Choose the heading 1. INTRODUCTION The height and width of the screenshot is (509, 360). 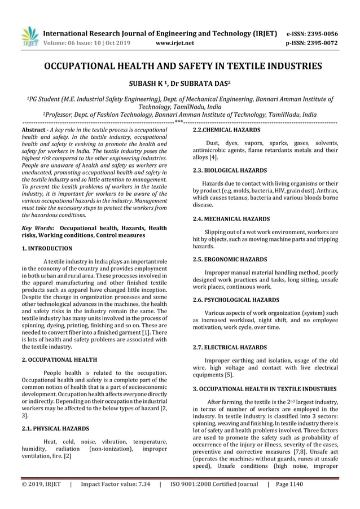coord(47,248)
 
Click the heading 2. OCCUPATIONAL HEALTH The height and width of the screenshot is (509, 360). coord(59,359)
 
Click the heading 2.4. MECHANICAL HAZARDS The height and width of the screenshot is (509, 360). coord(223,218)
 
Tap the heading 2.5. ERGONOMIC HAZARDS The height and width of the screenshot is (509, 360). coord(222,259)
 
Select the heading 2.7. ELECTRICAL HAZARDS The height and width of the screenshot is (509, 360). coord(222,347)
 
